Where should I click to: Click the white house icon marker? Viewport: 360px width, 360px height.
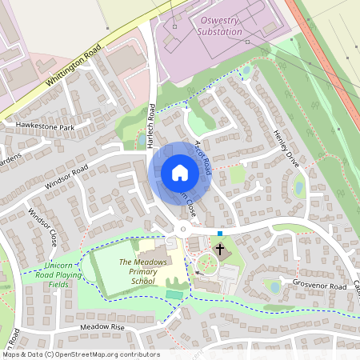click(180, 172)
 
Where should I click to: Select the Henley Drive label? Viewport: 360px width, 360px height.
click(284, 148)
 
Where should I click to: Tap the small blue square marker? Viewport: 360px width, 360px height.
click(220, 234)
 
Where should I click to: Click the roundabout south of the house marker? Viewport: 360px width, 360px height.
click(183, 230)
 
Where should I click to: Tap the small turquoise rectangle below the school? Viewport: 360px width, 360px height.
click(174, 295)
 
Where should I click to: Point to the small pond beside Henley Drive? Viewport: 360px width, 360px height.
click(298, 189)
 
